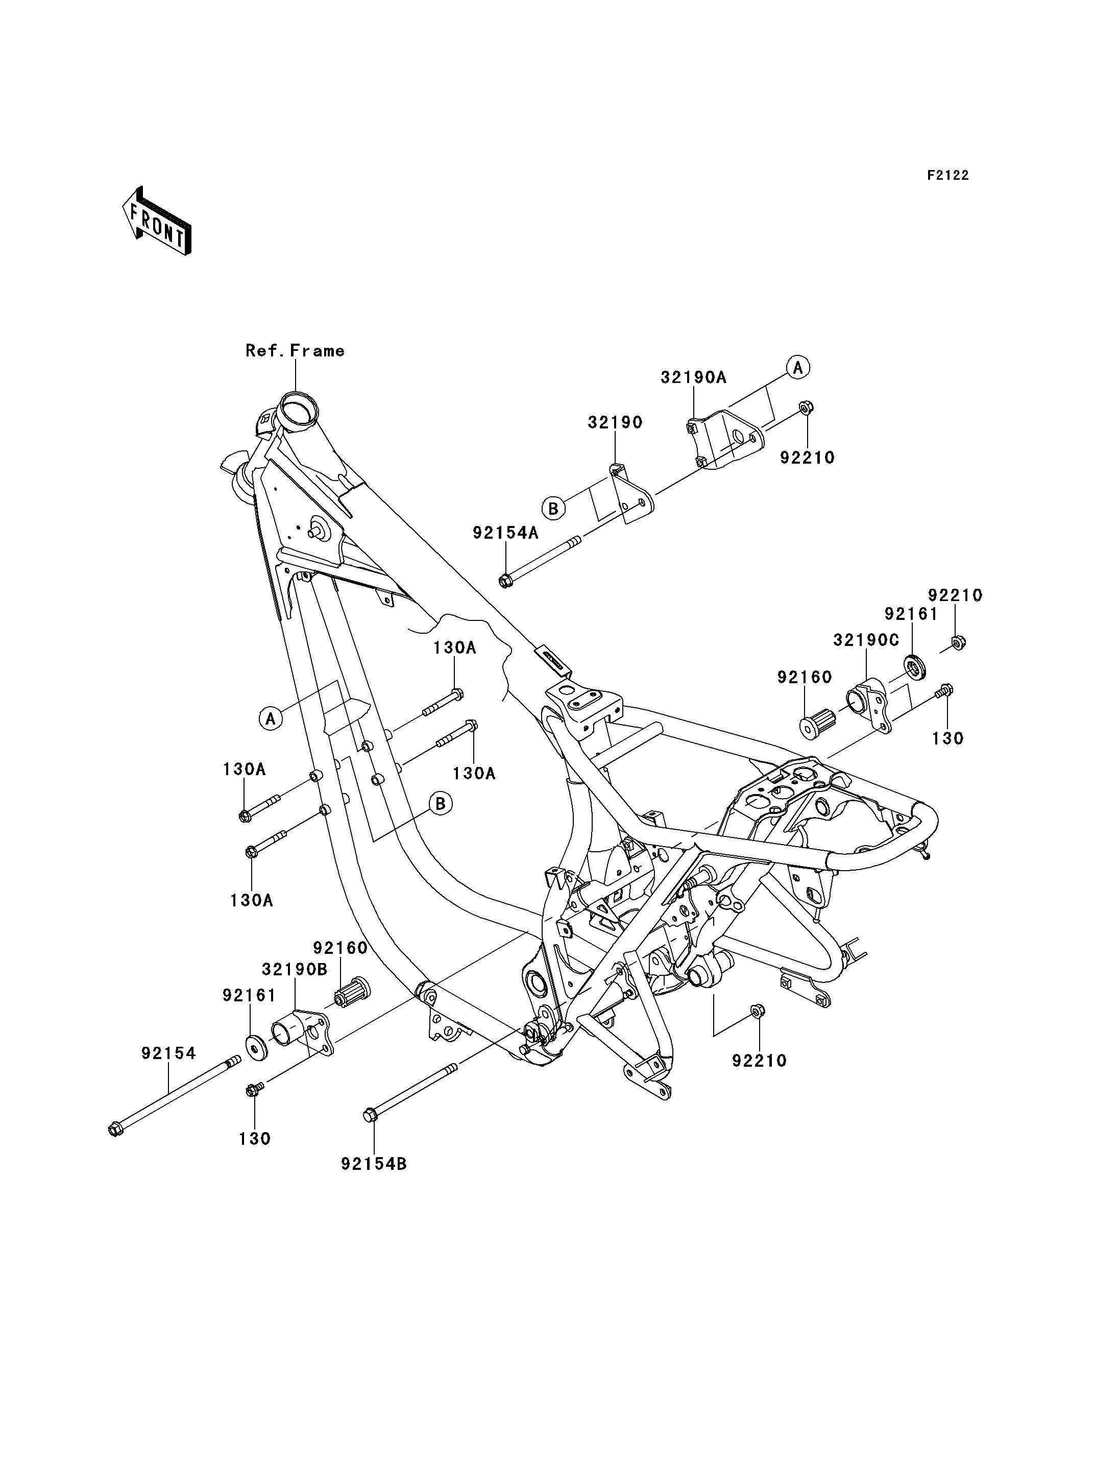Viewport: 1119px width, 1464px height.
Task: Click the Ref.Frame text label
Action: (295, 350)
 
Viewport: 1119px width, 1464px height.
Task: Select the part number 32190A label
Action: (693, 377)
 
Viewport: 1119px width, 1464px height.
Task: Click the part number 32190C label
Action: (866, 640)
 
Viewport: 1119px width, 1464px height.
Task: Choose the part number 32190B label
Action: (295, 970)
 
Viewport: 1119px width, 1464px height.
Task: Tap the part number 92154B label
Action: (374, 1163)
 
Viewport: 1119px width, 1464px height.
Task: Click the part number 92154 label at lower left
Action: (168, 1053)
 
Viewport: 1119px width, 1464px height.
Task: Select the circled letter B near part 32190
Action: (553, 509)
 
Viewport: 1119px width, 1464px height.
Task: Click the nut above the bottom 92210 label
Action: (758, 1029)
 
